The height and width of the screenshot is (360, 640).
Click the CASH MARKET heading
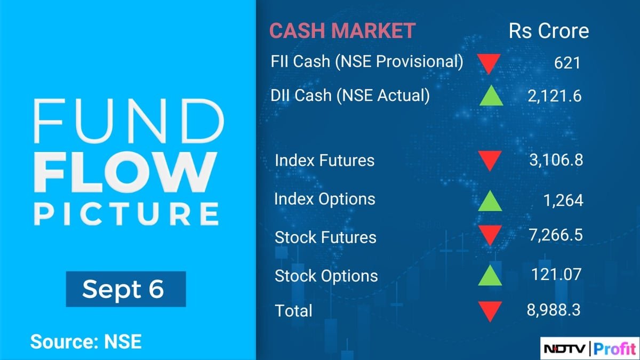tap(342, 31)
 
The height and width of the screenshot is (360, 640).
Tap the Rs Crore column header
tap(549, 31)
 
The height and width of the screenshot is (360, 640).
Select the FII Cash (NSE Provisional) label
tap(367, 62)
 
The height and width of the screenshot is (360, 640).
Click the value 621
tap(567, 63)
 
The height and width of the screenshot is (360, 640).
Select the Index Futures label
tap(324, 160)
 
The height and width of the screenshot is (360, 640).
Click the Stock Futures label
tap(325, 237)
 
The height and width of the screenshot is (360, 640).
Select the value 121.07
tap(556, 274)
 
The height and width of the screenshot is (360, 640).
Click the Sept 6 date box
tap(126, 289)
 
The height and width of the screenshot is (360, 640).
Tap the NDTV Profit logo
tap(590, 348)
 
